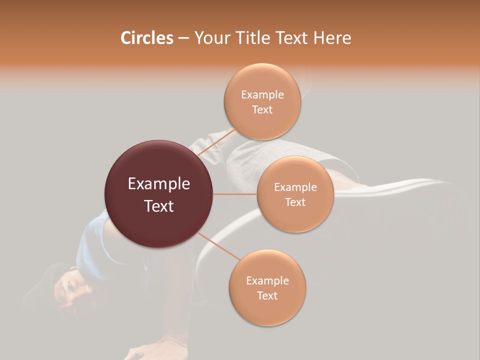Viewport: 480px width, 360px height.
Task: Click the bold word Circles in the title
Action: (x=146, y=38)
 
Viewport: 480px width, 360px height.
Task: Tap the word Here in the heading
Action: (x=332, y=38)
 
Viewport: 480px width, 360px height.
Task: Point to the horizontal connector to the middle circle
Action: (x=234, y=194)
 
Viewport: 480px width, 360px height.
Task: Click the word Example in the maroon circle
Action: (x=159, y=184)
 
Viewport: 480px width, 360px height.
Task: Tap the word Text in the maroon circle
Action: (x=159, y=206)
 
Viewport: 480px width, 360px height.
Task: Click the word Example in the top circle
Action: (x=262, y=94)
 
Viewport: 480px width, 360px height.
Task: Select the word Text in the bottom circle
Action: (x=267, y=295)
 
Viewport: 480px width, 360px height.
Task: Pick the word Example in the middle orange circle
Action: (x=295, y=187)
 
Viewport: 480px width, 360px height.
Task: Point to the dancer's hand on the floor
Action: (x=150, y=350)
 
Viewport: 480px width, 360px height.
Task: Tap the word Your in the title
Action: (x=210, y=38)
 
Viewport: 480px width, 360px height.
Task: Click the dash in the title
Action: (x=183, y=38)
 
